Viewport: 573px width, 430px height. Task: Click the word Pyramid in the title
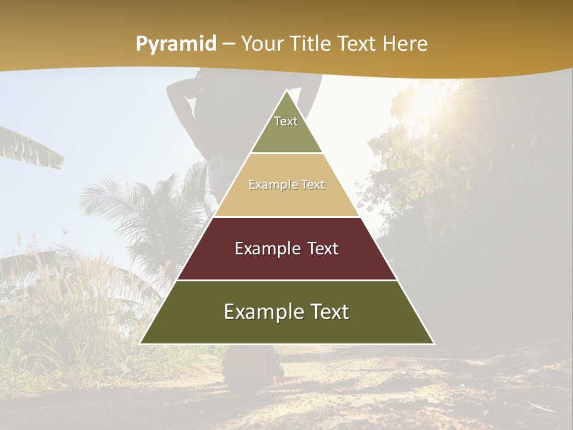coord(175,44)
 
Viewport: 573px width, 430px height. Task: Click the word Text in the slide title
coord(359,44)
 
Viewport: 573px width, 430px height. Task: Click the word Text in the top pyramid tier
coord(286,121)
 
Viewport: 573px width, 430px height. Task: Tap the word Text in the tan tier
coord(313,185)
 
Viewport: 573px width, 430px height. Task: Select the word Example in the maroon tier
coord(266,248)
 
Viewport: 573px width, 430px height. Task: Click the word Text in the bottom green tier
coord(330,312)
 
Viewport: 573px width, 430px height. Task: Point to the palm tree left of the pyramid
coord(137,203)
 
